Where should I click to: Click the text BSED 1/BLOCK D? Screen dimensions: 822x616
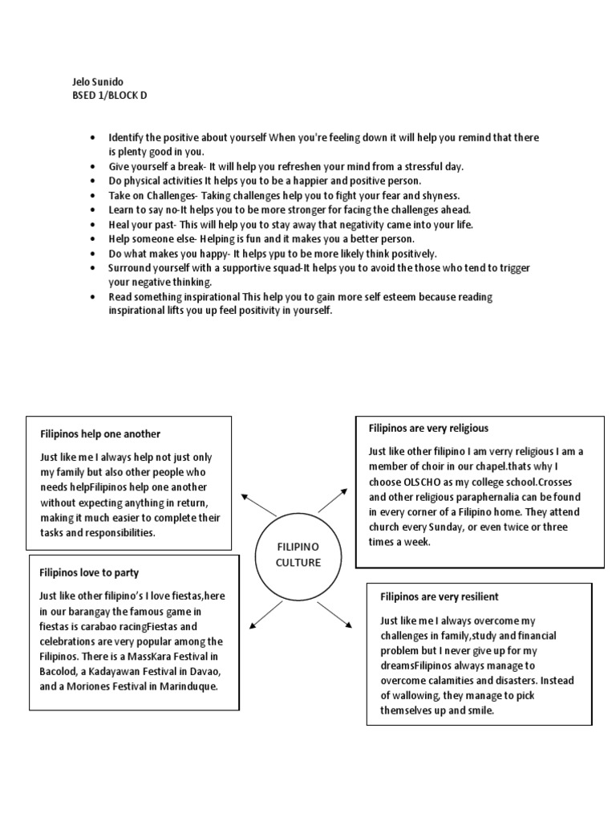click(x=110, y=95)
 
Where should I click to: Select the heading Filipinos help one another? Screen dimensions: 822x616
click(x=100, y=433)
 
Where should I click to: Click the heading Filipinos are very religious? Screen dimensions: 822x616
click(x=428, y=429)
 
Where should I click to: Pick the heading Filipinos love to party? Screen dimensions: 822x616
click(x=89, y=572)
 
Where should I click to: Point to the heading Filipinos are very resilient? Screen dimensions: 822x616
click(x=439, y=596)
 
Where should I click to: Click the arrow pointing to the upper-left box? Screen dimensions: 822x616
click(x=257, y=505)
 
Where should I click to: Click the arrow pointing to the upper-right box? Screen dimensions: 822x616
click(x=333, y=500)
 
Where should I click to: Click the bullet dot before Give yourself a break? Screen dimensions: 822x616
click(x=95, y=167)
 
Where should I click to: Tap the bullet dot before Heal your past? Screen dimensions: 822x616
click(x=95, y=225)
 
